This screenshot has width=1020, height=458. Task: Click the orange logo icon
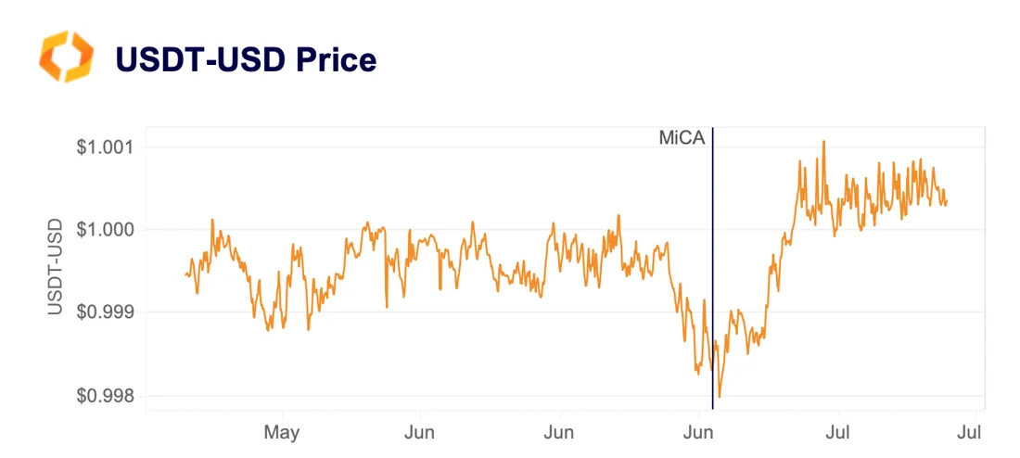tap(66, 57)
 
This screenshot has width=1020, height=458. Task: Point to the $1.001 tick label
tap(105, 146)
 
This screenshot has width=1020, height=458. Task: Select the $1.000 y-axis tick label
tap(105, 229)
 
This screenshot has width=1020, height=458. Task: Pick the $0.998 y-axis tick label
tap(105, 396)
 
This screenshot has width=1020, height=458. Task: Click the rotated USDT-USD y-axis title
tap(56, 267)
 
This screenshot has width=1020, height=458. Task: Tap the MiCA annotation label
tap(682, 139)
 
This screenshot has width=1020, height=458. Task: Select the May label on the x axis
tap(281, 432)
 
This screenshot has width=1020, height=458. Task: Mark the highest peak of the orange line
tap(822, 142)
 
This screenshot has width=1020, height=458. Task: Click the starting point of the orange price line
tap(185, 274)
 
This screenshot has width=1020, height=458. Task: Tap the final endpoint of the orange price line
tap(947, 201)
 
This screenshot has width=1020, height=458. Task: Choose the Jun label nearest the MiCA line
tap(698, 432)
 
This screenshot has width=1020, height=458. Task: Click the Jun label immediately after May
tap(420, 432)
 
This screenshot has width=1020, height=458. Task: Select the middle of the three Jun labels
tap(558, 432)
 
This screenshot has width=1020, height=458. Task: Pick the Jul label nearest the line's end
tap(968, 432)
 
